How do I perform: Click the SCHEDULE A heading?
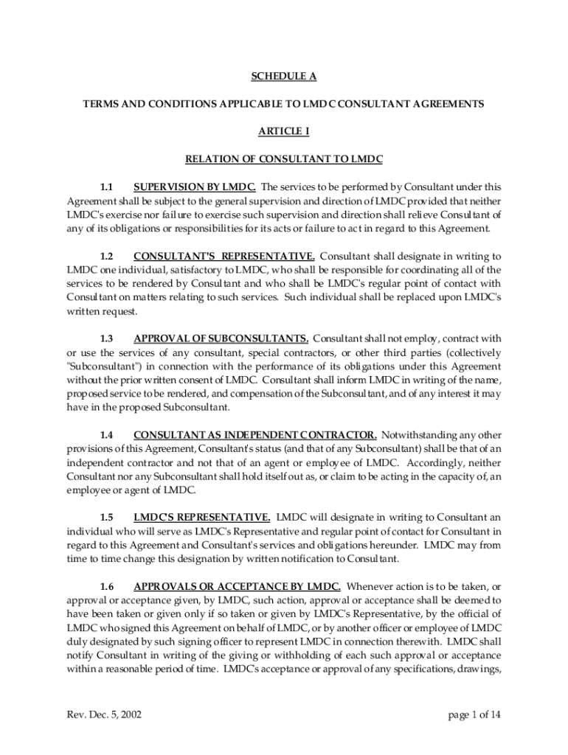(283, 77)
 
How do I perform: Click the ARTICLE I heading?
(283, 131)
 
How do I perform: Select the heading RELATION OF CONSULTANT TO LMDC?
(283, 159)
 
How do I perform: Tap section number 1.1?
(106, 187)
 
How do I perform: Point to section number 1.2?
(106, 256)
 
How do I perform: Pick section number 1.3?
(106, 338)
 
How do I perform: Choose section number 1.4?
(106, 435)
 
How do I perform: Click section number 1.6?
(106, 587)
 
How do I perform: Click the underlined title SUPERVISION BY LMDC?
(195, 187)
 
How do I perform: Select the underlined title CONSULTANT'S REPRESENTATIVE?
(224, 256)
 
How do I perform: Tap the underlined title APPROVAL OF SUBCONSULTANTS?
(221, 338)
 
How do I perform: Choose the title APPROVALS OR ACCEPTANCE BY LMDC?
(236, 587)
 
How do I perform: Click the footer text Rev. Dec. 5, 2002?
(104, 714)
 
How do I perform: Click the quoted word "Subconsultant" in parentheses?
(100, 366)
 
